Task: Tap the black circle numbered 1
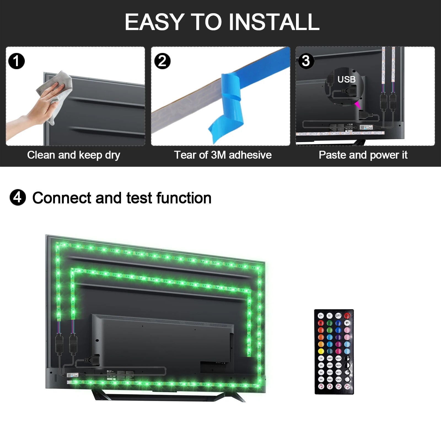(x=17, y=61)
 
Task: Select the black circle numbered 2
(x=162, y=61)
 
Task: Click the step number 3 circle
(x=306, y=61)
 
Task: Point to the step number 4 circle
(x=18, y=198)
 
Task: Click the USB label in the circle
(x=346, y=80)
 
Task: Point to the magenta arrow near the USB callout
(x=357, y=104)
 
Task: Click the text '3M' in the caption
(x=219, y=155)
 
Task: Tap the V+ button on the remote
(x=321, y=316)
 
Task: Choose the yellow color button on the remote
(x=321, y=351)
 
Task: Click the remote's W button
(x=347, y=323)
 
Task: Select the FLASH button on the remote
(x=338, y=380)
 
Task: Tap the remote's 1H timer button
(x=321, y=358)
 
